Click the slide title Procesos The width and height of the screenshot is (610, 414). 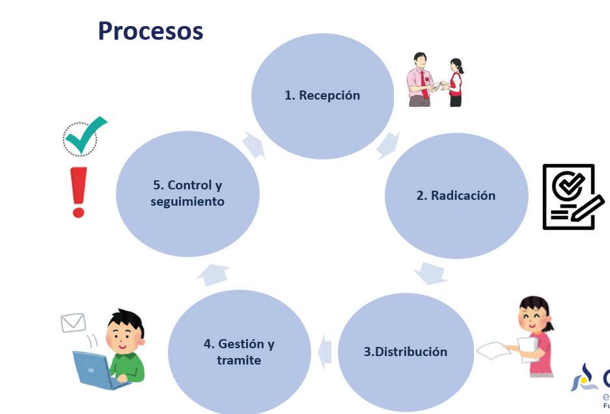click(x=150, y=31)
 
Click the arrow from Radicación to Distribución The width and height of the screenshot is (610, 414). click(x=430, y=273)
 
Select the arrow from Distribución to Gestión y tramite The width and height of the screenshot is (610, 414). click(x=325, y=352)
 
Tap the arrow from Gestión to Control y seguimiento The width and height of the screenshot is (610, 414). click(x=214, y=275)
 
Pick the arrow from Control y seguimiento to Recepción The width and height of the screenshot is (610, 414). click(x=254, y=145)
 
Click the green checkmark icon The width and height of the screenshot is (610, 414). click(x=85, y=135)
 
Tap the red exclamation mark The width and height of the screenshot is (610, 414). click(x=79, y=192)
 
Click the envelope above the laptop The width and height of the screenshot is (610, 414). click(x=73, y=322)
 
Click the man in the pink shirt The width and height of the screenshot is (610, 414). click(x=420, y=80)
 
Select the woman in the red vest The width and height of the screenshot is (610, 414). click(x=456, y=83)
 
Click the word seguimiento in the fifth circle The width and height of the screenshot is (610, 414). click(x=187, y=202)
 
